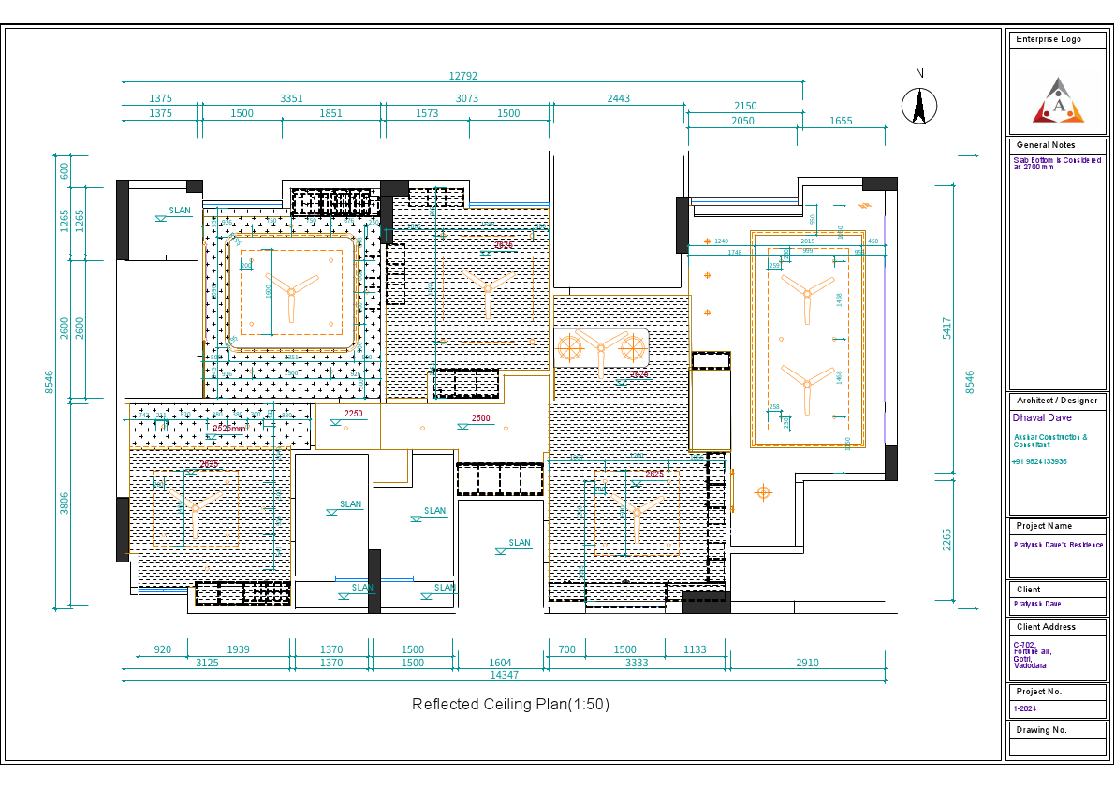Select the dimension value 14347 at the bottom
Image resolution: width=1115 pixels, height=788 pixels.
point(505,675)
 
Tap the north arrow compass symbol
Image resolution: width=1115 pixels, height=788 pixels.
point(919,105)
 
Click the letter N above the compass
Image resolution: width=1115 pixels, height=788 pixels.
point(919,73)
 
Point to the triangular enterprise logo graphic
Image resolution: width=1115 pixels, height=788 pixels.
point(1058,101)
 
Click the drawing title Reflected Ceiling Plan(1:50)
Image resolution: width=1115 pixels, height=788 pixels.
point(510,705)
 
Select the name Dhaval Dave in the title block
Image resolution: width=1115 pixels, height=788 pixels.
point(1042,418)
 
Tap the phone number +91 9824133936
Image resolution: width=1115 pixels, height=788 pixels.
point(1039,461)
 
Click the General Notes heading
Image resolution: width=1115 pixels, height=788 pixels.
point(1046,145)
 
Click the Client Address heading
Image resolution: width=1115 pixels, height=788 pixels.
point(1046,627)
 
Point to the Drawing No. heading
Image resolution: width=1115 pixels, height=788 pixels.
point(1041,730)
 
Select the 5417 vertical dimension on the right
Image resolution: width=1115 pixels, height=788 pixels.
point(946,328)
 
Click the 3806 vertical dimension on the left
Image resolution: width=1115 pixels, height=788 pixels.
point(65,503)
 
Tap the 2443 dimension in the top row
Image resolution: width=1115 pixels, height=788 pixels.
point(618,98)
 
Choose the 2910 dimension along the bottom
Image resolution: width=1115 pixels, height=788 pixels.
point(807,663)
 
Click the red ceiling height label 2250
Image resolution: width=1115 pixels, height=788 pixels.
point(353,414)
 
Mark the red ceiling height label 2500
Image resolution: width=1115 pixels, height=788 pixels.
point(480,418)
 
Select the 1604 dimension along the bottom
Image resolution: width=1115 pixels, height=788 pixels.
point(501,663)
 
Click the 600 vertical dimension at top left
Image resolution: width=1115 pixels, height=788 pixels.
point(65,171)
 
